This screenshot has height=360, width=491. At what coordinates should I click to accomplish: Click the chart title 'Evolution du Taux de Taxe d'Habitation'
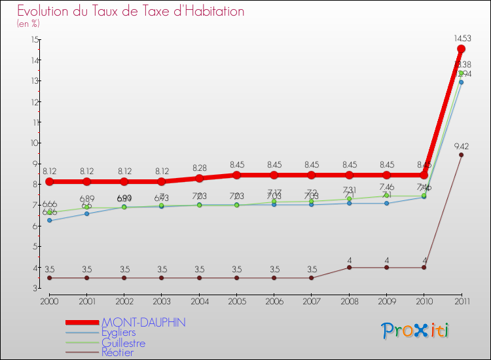click(131, 11)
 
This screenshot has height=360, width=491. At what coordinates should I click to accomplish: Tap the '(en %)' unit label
click(28, 24)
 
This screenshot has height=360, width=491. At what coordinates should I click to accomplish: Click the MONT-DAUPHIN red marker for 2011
click(461, 49)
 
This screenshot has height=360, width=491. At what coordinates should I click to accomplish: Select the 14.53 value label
click(461, 39)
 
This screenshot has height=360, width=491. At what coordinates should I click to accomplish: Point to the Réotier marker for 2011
click(461, 155)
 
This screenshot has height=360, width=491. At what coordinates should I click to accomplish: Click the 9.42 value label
click(461, 146)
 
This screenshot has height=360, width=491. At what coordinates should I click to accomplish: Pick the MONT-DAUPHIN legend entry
click(143, 323)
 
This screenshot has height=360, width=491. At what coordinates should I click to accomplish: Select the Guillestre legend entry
click(124, 343)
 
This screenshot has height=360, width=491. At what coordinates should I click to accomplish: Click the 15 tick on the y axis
click(34, 39)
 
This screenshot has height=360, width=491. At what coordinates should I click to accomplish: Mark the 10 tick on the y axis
click(34, 143)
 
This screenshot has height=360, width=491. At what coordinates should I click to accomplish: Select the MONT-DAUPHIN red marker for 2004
click(199, 178)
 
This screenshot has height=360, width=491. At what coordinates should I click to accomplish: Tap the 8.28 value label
click(199, 168)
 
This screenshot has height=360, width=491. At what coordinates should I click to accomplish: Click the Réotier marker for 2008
click(349, 267)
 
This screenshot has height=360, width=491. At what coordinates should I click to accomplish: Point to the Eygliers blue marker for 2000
click(49, 221)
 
